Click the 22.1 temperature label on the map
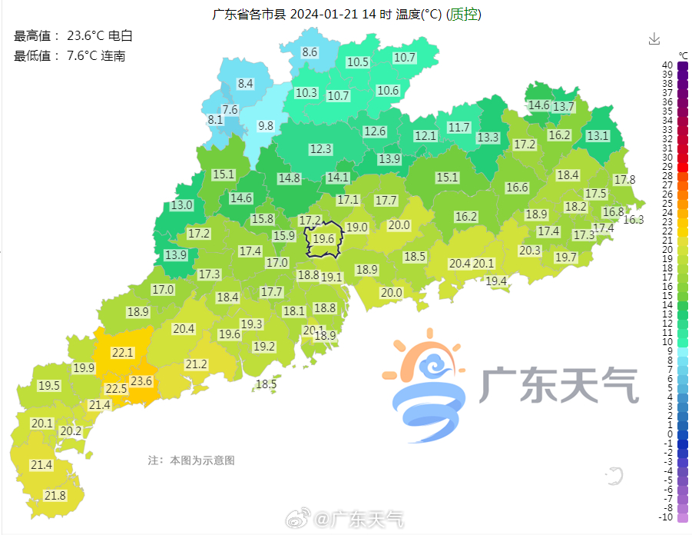[x=123, y=353]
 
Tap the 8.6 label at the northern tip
[x=310, y=52]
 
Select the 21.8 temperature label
[x=55, y=496]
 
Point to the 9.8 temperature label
[x=266, y=125]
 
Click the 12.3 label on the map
[x=320, y=149]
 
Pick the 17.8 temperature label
[x=624, y=180]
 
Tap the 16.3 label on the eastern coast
[x=634, y=219]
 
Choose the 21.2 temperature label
[x=197, y=364]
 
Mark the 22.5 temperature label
[x=116, y=389]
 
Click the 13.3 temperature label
[x=488, y=138]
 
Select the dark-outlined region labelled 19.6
[x=323, y=239]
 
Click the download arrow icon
[x=654, y=39]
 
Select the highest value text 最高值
[x=37, y=36]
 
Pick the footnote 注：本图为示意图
[x=190, y=460]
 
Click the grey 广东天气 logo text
[x=560, y=384]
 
